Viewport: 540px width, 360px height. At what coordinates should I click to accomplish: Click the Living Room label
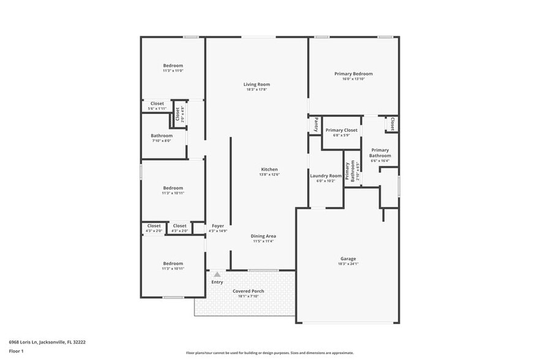tap(257, 84)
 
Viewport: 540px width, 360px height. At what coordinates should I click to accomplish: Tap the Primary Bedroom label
tap(353, 73)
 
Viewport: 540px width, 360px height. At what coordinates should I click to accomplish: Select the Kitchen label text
tap(269, 169)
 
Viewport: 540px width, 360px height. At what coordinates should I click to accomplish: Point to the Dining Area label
tap(263, 236)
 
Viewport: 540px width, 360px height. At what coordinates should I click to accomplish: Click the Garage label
tap(348, 259)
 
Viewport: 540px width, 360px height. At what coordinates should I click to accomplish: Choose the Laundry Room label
tap(326, 176)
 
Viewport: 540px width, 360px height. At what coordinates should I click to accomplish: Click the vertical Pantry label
tap(316, 125)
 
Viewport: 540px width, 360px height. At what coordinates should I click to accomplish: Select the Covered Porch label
tap(249, 291)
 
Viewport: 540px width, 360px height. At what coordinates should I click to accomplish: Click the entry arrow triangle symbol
tap(217, 274)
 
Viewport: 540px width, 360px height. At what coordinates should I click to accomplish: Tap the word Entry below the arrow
tap(217, 282)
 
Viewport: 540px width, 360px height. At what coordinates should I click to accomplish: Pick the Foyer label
tap(218, 226)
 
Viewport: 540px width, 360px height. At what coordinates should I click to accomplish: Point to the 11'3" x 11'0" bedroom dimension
tap(173, 70)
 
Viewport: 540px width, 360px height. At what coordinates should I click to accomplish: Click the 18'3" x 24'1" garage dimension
tap(348, 264)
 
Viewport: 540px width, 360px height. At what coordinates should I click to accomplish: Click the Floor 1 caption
tap(16, 351)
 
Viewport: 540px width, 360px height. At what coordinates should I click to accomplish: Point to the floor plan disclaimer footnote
tap(269, 353)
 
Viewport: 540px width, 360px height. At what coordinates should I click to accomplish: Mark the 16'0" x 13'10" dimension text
tap(353, 78)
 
